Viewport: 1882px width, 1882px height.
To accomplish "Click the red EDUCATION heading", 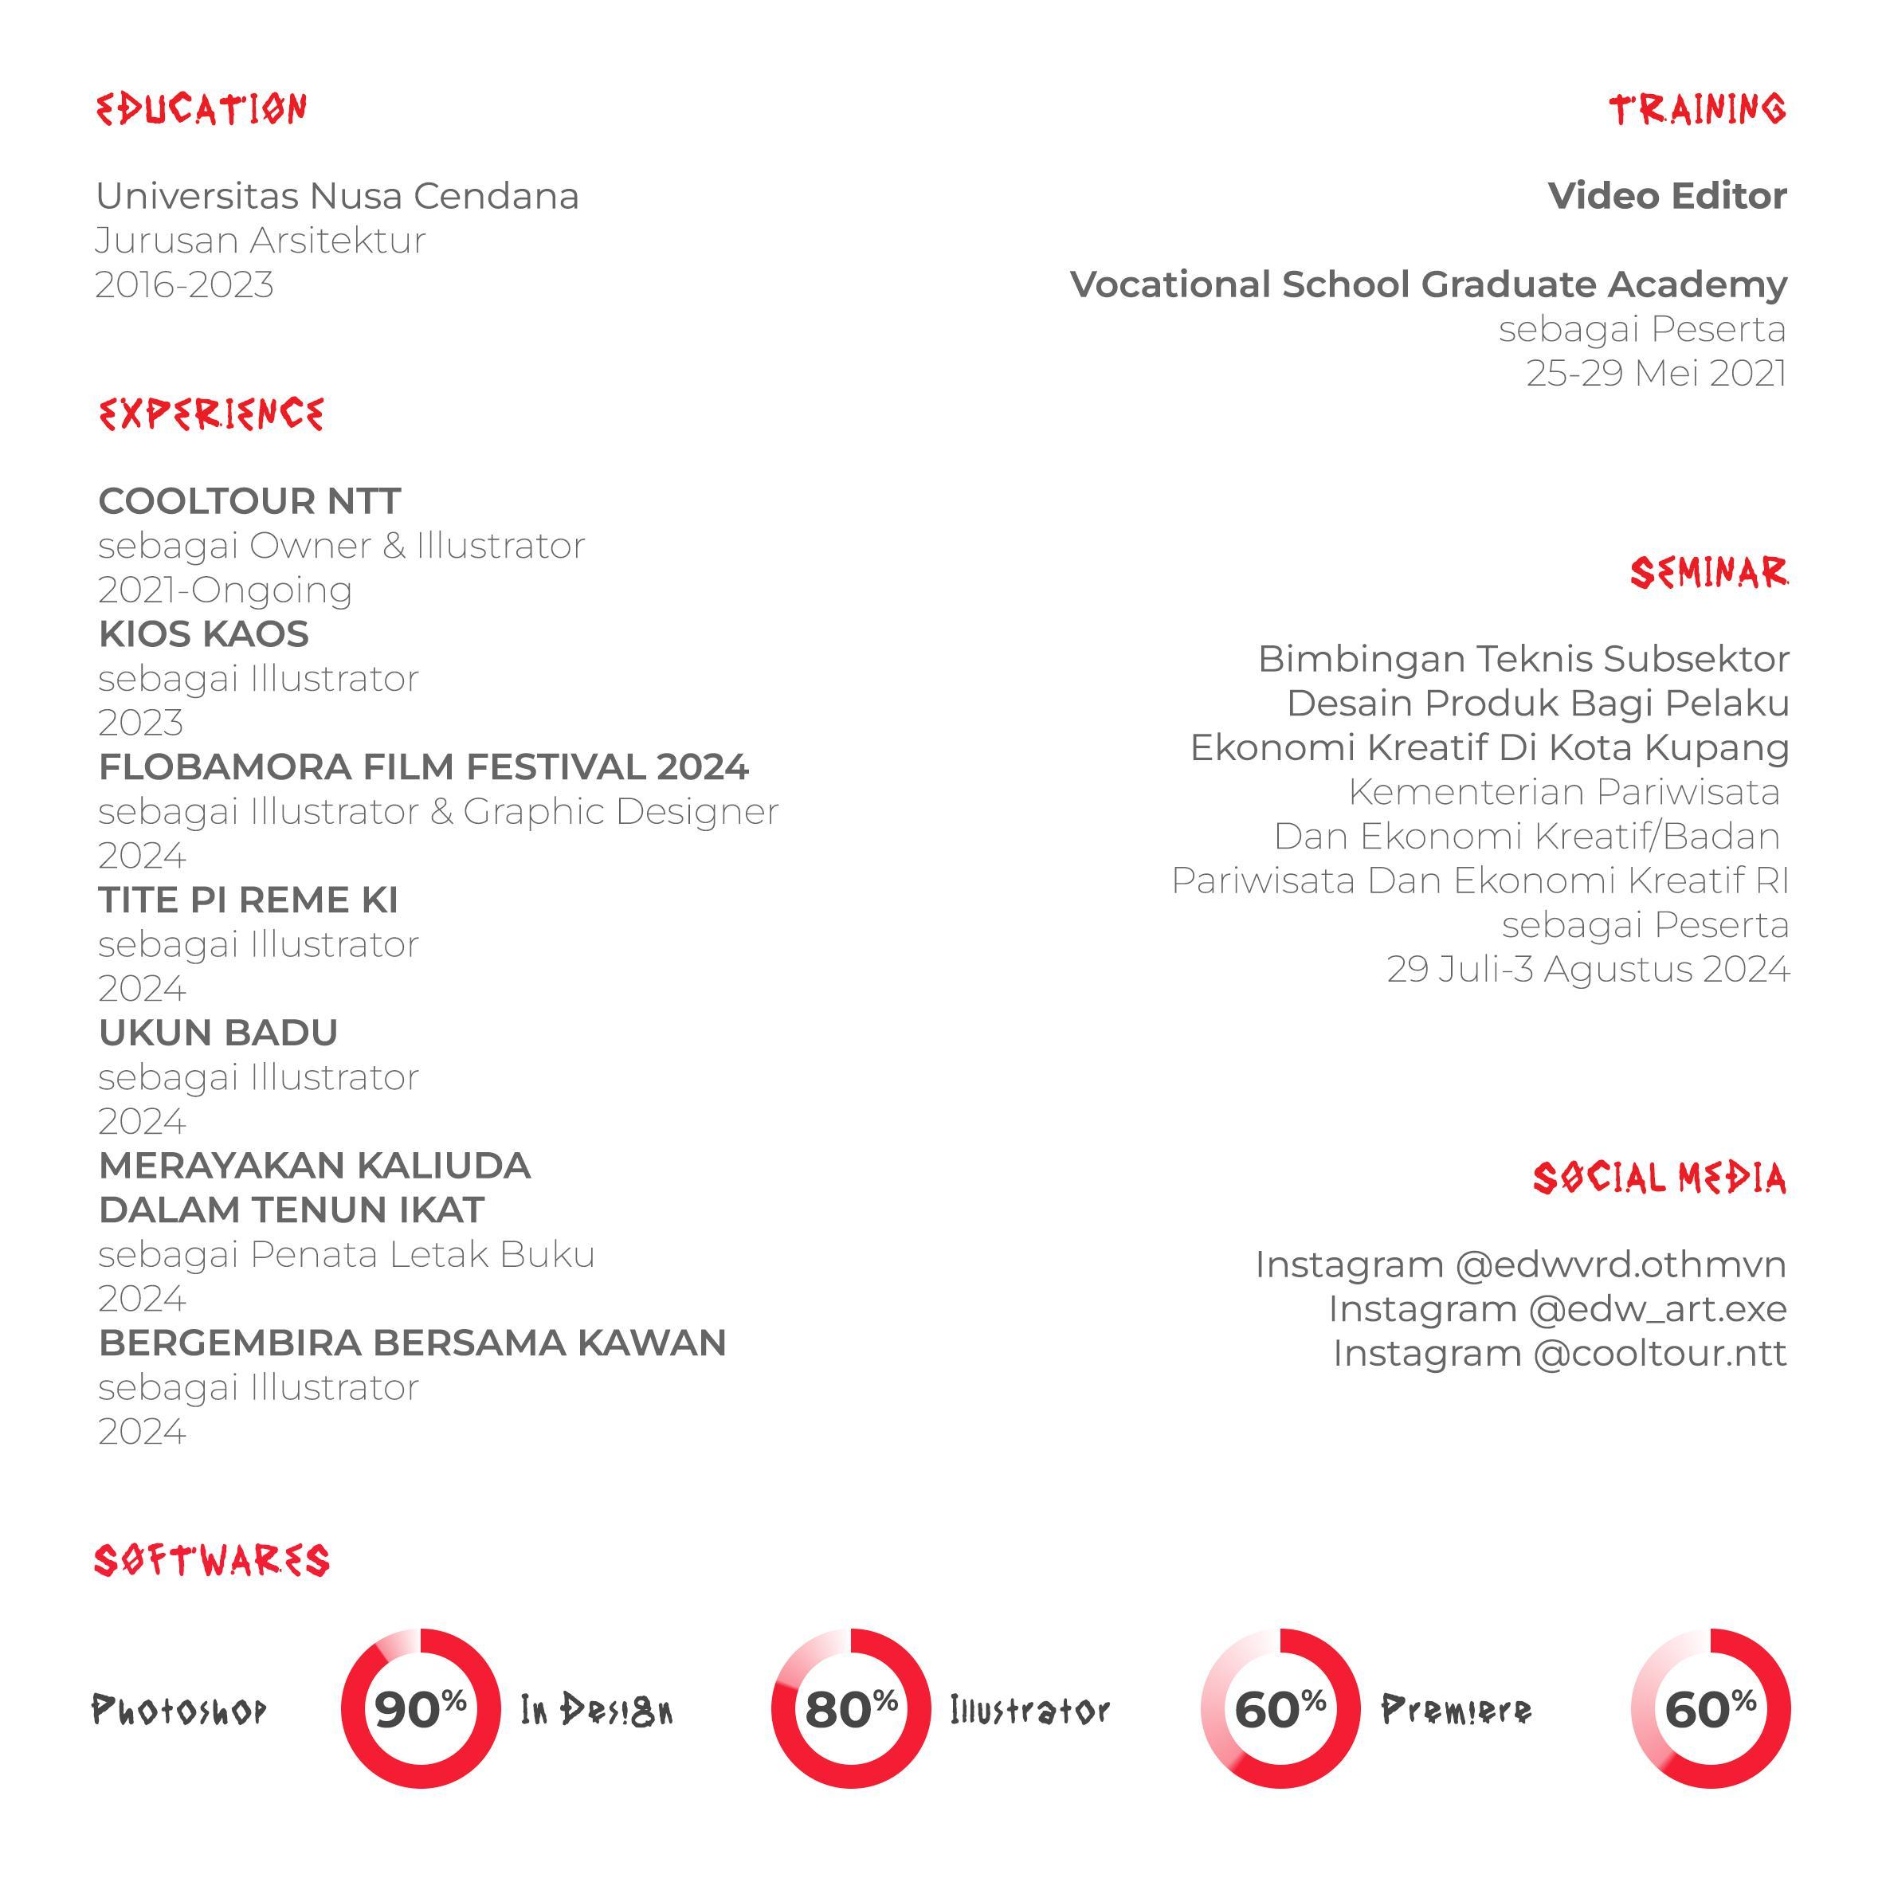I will point(202,109).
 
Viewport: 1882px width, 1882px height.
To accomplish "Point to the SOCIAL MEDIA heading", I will point(1659,1178).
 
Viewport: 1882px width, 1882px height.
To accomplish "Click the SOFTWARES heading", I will point(211,1561).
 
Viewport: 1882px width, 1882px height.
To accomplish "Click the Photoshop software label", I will point(179,1710).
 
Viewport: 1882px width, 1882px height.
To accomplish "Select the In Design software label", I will point(596,1710).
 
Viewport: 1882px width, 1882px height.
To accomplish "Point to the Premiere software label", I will point(1457,1710).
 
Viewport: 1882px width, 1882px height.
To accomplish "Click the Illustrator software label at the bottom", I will point(1029,1710).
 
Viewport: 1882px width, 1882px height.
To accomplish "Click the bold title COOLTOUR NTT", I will point(249,502).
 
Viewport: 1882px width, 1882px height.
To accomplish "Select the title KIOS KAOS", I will point(204,634).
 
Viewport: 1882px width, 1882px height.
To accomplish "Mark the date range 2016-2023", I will point(184,284).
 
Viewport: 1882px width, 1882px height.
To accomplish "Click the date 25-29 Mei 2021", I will point(1656,373).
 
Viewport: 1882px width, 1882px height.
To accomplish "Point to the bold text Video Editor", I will point(1667,196).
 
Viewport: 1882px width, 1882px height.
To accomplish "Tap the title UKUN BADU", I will point(218,1033).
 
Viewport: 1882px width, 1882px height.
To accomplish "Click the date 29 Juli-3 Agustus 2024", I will point(1588,969).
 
